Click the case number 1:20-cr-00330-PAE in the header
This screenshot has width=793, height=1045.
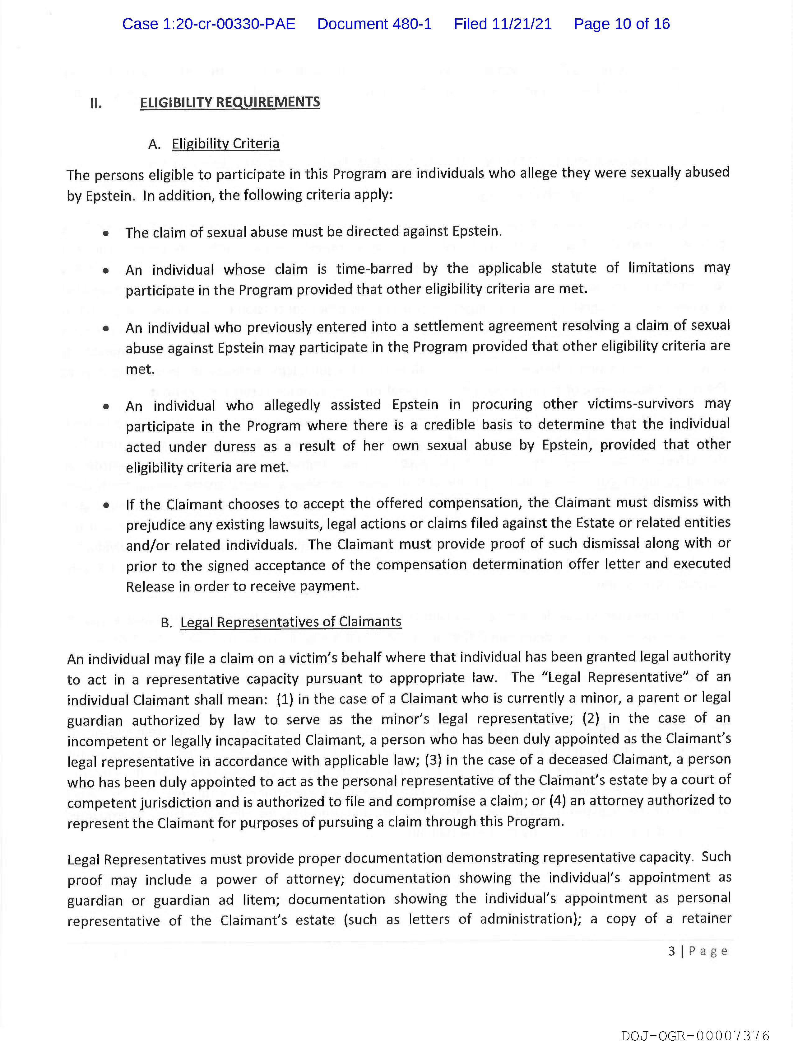tap(209, 24)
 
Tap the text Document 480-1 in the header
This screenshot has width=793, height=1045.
tap(374, 24)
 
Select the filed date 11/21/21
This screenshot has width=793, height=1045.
tap(522, 24)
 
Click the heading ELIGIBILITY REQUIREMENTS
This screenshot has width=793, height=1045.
tap(230, 102)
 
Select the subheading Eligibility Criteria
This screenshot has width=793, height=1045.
tap(226, 144)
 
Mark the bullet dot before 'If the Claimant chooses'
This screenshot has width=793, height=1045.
tap(106, 505)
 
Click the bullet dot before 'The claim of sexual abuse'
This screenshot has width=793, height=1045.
tap(106, 233)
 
